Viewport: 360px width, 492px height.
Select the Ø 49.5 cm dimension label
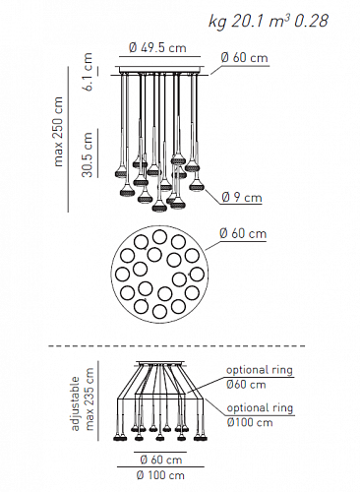[x=157, y=48]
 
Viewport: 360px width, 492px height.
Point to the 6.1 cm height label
[x=88, y=72]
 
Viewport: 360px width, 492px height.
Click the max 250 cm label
[x=58, y=132]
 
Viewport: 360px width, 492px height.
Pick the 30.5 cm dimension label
[x=88, y=154]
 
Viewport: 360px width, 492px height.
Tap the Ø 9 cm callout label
[x=242, y=198]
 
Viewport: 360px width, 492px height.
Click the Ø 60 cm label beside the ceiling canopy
[x=245, y=58]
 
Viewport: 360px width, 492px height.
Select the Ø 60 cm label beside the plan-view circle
[x=243, y=233]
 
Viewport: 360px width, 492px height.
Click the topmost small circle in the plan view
[x=160, y=237]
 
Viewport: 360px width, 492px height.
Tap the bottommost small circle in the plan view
[x=159, y=311]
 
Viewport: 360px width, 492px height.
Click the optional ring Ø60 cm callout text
[x=260, y=377]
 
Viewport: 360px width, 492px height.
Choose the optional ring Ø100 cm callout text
[x=260, y=414]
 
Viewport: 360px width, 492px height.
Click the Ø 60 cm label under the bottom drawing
[x=161, y=460]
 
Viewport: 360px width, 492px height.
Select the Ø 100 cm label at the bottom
[x=160, y=475]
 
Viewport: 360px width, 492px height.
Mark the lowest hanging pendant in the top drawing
[x=159, y=206]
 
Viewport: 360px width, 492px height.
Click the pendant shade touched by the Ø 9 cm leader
[x=197, y=186]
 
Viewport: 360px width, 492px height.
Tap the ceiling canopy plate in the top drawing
[x=159, y=70]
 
